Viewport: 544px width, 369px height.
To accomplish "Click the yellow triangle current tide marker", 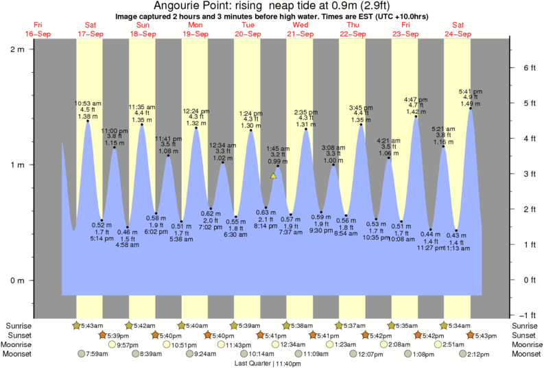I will click(x=273, y=176).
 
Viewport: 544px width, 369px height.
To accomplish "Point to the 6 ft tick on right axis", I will click(x=528, y=68).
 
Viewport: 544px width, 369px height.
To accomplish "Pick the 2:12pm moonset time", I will click(x=478, y=354).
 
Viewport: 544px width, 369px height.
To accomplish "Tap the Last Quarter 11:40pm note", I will click(x=272, y=363).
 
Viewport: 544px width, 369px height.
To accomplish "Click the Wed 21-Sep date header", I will click(x=299, y=29).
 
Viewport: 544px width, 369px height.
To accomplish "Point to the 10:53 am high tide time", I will click(x=88, y=104).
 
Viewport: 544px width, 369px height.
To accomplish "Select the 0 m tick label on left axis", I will click(x=19, y=281).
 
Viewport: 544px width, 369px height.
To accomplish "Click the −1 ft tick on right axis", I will click(x=528, y=316).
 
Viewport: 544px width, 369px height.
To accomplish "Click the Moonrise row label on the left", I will click(x=21, y=344).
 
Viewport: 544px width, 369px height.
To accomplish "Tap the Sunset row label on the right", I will click(x=524, y=335).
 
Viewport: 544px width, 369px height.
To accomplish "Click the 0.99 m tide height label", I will click(x=279, y=161).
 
